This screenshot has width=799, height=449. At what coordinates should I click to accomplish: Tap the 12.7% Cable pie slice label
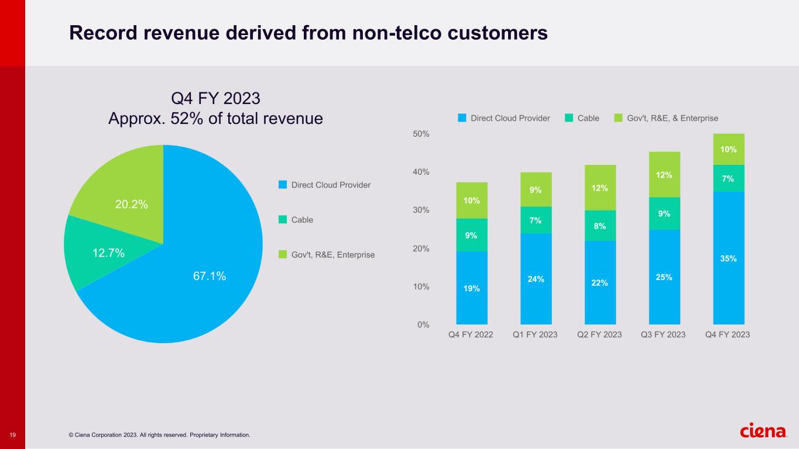tap(108, 253)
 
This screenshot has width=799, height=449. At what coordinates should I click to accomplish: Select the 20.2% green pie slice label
tap(132, 204)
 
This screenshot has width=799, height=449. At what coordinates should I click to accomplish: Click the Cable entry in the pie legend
tap(302, 220)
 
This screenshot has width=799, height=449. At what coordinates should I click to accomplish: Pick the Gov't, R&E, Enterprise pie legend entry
tap(332, 255)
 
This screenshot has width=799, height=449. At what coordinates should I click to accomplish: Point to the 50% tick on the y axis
tap(421, 134)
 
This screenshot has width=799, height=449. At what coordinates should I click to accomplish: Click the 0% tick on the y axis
tap(423, 324)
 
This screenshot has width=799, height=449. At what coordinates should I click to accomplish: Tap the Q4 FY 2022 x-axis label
tap(471, 334)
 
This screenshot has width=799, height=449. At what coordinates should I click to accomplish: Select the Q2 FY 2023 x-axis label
tap(600, 334)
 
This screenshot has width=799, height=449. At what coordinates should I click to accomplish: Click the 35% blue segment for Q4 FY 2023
tap(728, 258)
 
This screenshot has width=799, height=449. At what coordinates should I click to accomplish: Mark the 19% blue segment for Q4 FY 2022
tap(472, 288)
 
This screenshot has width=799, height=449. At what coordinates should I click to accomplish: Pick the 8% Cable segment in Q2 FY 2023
tap(600, 226)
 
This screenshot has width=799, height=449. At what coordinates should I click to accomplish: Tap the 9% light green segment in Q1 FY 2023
tap(536, 189)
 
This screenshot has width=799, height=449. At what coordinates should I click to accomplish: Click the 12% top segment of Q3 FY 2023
tap(664, 175)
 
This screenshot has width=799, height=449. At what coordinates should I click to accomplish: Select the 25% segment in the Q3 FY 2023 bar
tap(664, 277)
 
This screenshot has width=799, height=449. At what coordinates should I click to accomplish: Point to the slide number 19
tap(12, 435)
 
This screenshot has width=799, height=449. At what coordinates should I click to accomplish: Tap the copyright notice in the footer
tap(159, 435)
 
